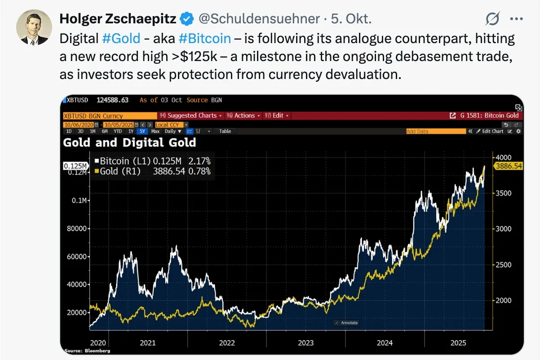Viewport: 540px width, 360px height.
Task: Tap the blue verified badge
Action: click(x=187, y=19)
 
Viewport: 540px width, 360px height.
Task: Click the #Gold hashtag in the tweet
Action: click(x=121, y=38)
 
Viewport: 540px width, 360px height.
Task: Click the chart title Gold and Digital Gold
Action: click(x=129, y=143)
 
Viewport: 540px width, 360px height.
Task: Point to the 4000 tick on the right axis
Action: click(x=503, y=157)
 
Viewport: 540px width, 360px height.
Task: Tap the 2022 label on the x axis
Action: click(x=227, y=343)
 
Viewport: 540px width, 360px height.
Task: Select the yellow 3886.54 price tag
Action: click(x=508, y=166)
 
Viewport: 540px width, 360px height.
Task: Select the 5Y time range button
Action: click(x=143, y=132)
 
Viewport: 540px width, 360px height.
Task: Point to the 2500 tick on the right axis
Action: click(x=503, y=264)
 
